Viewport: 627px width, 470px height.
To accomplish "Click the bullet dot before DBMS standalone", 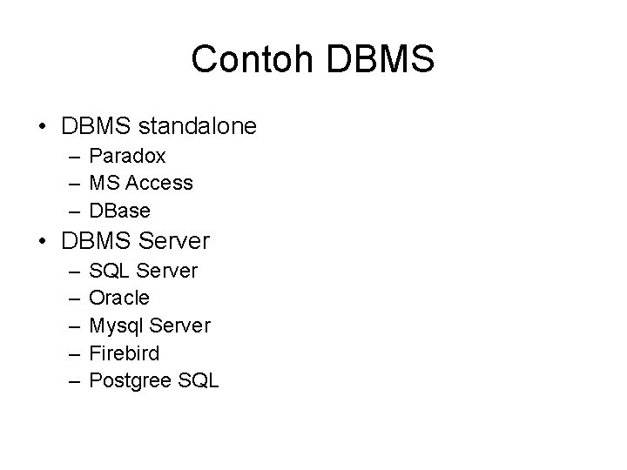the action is pos(43,127).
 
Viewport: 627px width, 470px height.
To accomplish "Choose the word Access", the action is pos(160,183).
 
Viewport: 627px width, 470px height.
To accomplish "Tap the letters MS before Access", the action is pos(105,183).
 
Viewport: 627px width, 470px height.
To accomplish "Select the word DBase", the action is pos(120,210).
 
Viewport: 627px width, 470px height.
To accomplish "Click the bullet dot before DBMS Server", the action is pos(43,240).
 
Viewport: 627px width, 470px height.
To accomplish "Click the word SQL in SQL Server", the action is pos(107,271).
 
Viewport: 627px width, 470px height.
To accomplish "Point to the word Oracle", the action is pos(120,298).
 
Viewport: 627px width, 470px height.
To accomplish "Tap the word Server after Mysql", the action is pos(179,325).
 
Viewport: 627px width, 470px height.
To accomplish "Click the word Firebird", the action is pos(125,352).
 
